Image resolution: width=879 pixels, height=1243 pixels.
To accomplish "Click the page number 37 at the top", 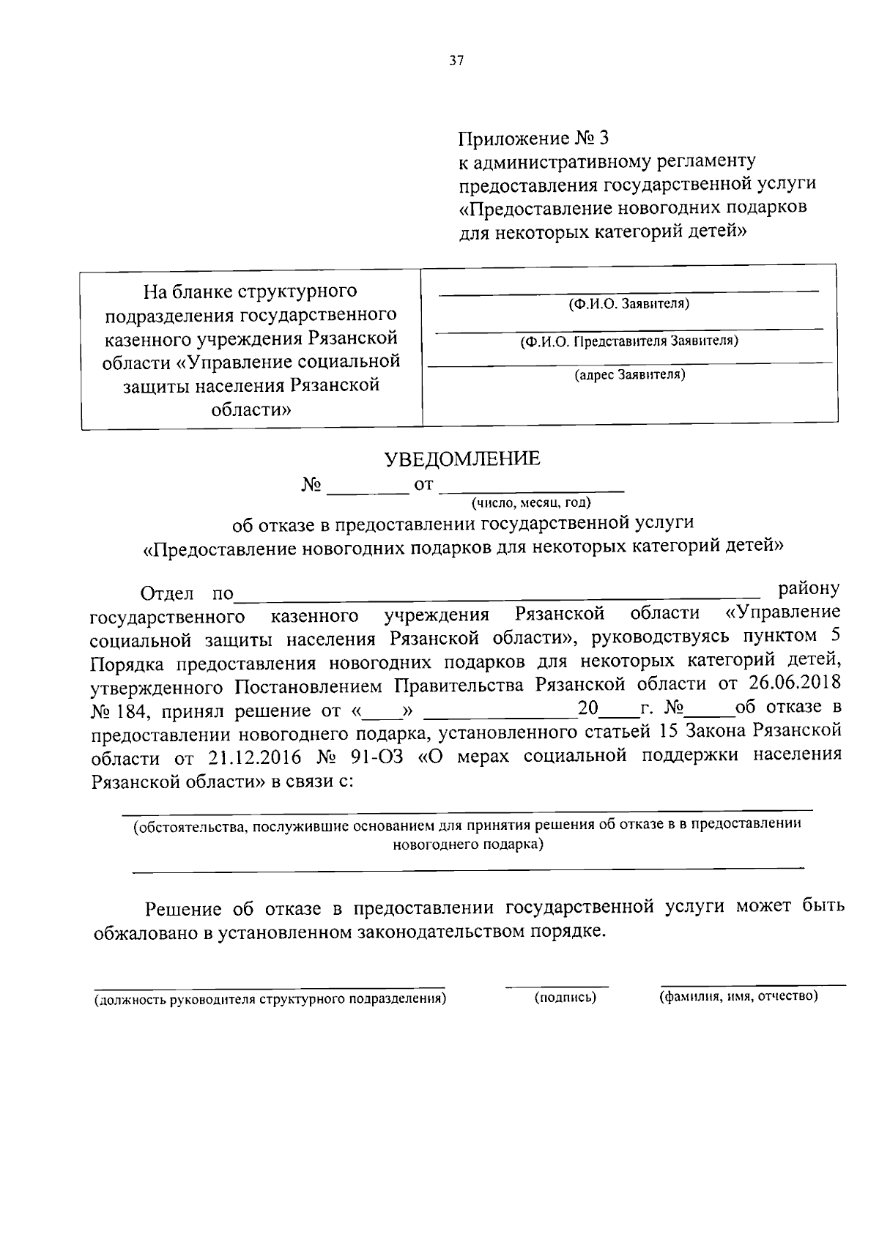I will click(456, 62).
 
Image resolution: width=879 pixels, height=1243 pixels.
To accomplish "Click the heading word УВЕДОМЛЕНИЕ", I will click(463, 459).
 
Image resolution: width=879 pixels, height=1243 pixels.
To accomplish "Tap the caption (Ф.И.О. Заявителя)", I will click(629, 303).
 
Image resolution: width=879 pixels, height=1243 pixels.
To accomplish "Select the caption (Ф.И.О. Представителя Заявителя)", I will click(629, 341).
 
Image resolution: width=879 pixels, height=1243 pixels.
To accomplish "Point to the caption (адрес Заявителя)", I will click(629, 375).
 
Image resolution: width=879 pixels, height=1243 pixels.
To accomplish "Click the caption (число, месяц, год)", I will click(531, 502).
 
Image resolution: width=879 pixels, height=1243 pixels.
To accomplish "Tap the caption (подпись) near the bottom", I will click(565, 997).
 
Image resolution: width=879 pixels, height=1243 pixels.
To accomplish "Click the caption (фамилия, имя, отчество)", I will click(738, 996).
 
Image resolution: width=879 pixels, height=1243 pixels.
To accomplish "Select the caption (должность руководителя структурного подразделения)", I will click(270, 999).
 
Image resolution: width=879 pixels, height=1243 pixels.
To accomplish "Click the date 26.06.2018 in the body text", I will click(795, 683).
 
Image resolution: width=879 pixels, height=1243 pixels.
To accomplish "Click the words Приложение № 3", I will click(533, 138).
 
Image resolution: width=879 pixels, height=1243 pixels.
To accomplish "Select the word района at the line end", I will click(809, 588).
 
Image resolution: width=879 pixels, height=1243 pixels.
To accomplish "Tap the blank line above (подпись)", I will click(557, 986).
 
